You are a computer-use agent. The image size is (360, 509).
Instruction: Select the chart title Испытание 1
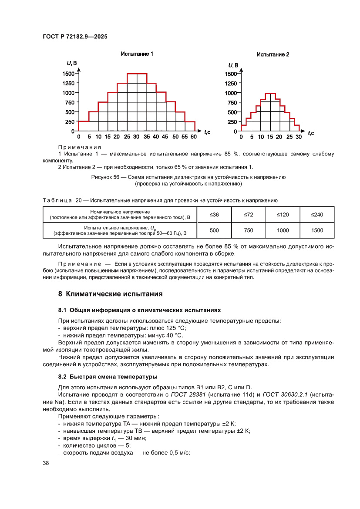[x=137, y=54]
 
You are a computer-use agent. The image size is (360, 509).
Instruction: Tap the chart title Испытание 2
[x=273, y=54]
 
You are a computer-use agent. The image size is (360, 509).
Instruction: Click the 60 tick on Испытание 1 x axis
[x=193, y=137]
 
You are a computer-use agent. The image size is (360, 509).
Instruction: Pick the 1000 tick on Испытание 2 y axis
[x=231, y=93]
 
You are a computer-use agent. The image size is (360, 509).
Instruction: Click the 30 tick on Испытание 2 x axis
[x=298, y=137]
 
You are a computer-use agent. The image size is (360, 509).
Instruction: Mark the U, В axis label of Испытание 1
[x=72, y=64]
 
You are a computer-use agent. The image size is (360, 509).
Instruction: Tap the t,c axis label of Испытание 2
[x=311, y=133]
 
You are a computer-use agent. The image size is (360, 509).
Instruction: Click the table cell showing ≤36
[x=214, y=214]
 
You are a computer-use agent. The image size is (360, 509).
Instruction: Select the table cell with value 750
[x=248, y=230]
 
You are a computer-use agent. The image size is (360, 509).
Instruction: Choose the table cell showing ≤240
[x=317, y=214]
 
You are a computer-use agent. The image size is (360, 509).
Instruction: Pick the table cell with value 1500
[x=317, y=230]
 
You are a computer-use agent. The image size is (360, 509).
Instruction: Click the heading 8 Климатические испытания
[x=110, y=294]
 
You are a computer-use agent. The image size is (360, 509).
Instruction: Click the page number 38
[x=46, y=463]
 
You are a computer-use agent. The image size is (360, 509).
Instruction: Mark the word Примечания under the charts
[x=80, y=147]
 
